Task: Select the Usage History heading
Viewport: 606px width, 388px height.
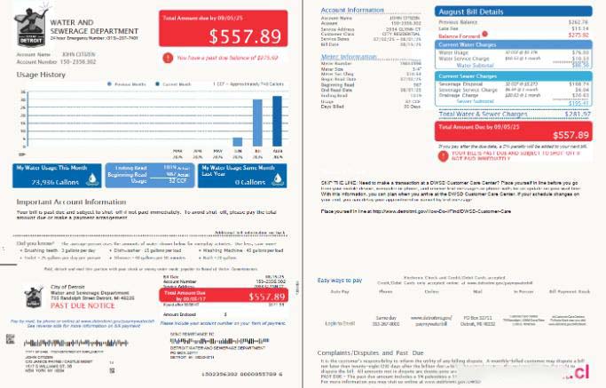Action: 40,75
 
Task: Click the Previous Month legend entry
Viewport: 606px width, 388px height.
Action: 129,85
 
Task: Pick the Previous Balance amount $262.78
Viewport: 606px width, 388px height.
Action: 578,21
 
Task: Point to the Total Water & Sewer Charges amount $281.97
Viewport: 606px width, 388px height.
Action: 577,114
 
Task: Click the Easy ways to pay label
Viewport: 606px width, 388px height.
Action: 340,281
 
